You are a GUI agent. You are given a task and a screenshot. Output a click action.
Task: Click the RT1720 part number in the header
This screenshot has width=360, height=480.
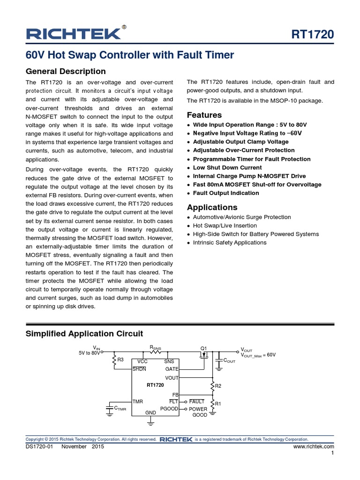(313, 35)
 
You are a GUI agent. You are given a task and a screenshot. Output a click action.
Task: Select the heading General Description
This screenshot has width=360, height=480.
(66, 71)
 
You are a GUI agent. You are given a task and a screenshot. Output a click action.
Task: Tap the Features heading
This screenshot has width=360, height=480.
(204, 115)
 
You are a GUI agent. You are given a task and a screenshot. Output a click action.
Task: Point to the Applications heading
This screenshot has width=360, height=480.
(212, 207)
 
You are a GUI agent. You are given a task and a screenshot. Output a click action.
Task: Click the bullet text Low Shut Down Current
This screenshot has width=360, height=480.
(227, 167)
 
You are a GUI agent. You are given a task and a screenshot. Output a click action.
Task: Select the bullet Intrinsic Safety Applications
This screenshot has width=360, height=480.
(230, 242)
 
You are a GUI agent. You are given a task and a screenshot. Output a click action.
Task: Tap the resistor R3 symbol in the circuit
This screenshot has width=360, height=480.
(114, 360)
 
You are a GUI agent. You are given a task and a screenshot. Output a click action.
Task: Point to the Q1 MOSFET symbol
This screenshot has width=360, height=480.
(204, 355)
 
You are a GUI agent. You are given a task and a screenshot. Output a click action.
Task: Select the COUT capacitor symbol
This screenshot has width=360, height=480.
(218, 360)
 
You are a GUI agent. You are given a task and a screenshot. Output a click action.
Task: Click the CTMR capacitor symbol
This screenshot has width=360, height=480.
(109, 408)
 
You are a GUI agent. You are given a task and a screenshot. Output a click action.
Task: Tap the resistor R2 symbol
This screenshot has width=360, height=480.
(212, 386)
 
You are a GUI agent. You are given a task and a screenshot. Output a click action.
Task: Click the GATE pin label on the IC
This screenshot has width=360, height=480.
(172, 369)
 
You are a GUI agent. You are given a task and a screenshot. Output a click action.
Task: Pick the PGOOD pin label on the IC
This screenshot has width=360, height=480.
(169, 409)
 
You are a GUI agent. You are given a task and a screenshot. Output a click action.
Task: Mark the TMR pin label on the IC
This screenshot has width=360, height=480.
(138, 402)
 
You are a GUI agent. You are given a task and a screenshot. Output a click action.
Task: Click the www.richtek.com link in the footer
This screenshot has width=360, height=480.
(314, 447)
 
